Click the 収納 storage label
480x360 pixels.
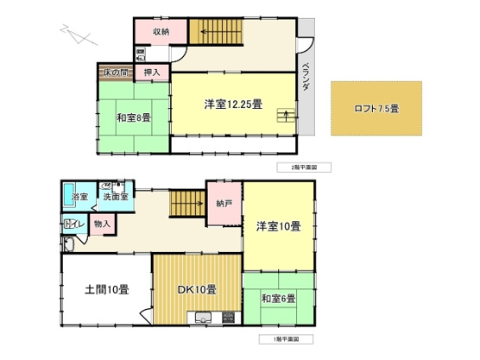(162, 33)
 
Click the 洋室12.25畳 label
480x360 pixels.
(233, 104)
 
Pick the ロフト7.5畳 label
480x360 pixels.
(377, 109)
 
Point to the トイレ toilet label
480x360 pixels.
(73, 224)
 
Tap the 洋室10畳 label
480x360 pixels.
(278, 227)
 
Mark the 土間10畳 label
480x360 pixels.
(108, 288)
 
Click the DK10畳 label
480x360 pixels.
(198, 288)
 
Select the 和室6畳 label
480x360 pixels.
(278, 299)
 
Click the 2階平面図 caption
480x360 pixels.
(294, 166)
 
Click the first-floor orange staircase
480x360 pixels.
(185, 205)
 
